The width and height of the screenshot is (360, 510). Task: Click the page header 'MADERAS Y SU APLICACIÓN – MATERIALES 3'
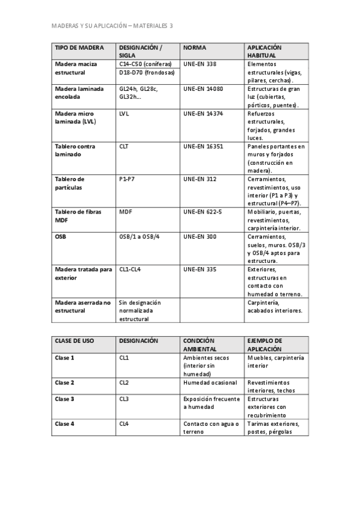(x=112, y=26)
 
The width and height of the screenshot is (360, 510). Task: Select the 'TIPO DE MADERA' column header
(x=79, y=48)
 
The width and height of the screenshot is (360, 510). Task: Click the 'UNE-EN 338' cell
(x=200, y=64)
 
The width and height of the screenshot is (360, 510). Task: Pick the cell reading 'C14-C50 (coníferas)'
(x=145, y=64)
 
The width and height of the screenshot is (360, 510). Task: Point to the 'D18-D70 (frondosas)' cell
(x=147, y=73)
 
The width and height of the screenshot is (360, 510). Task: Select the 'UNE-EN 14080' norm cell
(x=203, y=88)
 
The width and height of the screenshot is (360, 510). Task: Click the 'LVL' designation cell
(x=124, y=113)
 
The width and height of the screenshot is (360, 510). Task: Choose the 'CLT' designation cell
(x=124, y=146)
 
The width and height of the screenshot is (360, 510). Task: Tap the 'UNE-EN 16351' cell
(x=203, y=146)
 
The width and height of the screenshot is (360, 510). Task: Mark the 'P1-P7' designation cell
(x=127, y=179)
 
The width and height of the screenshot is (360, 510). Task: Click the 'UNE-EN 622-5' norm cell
(x=203, y=212)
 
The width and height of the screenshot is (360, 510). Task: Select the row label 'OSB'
(x=61, y=236)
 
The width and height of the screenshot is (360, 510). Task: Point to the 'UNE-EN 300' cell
(x=200, y=236)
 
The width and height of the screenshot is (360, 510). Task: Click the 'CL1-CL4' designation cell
(x=129, y=269)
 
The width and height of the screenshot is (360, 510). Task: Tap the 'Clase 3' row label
(x=64, y=399)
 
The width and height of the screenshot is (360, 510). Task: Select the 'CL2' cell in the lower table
(x=124, y=382)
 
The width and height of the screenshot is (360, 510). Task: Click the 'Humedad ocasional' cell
(x=210, y=382)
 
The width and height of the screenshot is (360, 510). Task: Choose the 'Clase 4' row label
(x=64, y=423)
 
